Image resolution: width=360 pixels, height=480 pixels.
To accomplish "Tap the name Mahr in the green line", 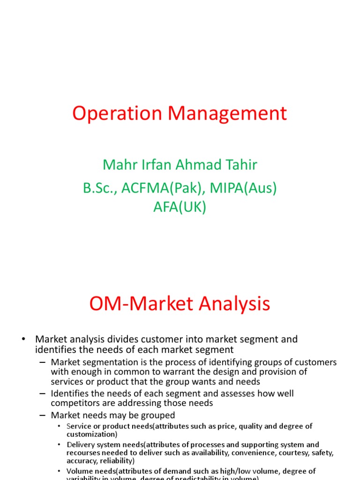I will click(x=115, y=165).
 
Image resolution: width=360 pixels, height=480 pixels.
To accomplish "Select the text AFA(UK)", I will click(x=180, y=207).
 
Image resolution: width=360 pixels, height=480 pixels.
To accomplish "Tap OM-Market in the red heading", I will click(x=139, y=304).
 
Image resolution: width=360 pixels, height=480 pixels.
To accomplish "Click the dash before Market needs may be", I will click(x=43, y=415).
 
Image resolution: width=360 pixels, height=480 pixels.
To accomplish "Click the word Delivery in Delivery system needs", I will click(x=81, y=444).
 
